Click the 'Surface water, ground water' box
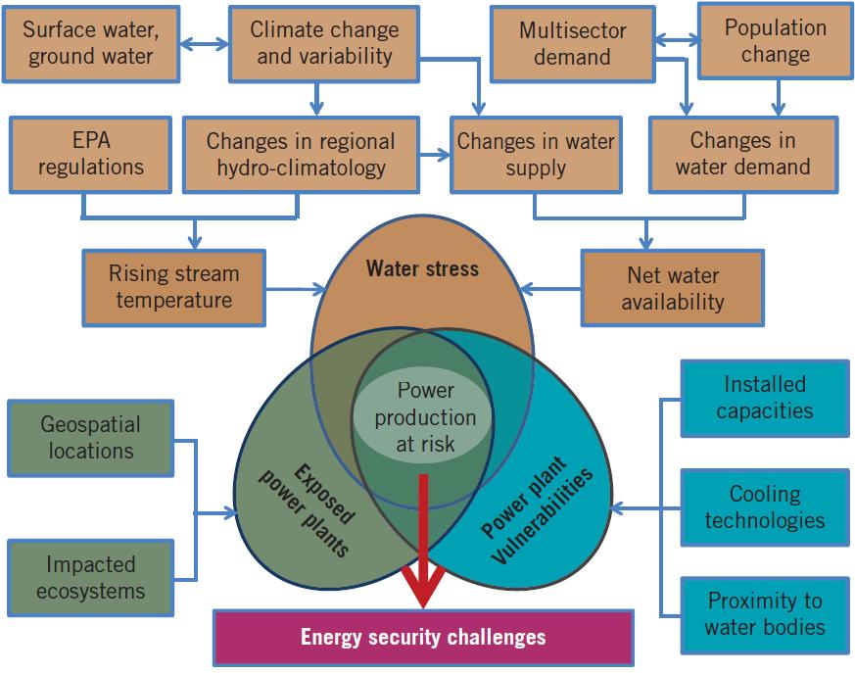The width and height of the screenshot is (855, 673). point(92,44)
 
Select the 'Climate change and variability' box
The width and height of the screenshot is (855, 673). point(311,44)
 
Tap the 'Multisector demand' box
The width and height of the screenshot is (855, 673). point(572,44)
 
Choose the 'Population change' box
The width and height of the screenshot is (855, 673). point(775,41)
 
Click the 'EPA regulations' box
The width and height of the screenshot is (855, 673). point(91,154)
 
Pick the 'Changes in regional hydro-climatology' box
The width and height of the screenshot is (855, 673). point(301,154)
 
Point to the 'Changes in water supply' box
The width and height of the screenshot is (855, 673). point(535,154)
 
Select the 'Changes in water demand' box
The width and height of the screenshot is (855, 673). point(742,154)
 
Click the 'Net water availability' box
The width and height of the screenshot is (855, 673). point(672,288)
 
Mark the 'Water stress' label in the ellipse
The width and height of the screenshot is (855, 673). point(422,268)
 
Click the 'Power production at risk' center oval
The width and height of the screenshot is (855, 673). point(425,417)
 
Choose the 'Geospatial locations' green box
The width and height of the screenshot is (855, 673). point(90,438)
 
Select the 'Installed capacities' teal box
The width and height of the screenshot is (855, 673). point(764,397)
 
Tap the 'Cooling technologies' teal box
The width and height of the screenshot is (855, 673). point(764,506)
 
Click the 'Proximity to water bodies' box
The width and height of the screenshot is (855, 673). point(764,613)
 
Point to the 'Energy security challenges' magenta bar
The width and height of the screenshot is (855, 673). point(423,637)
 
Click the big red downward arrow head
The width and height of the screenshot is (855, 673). point(424,594)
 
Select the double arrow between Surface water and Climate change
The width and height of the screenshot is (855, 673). point(206,44)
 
